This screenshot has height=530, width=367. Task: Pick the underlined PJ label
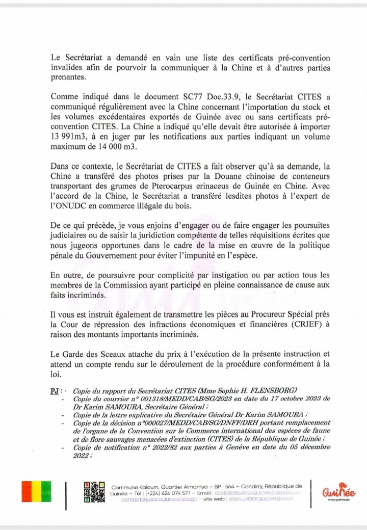[50, 390]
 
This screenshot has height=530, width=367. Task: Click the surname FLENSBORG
[263, 390]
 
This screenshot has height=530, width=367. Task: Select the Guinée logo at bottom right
[338, 493]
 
